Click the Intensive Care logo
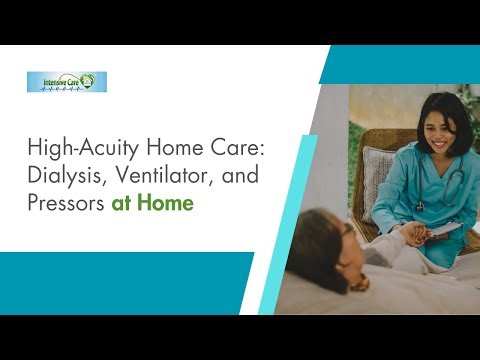click(67, 82)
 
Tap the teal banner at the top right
click(400, 64)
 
